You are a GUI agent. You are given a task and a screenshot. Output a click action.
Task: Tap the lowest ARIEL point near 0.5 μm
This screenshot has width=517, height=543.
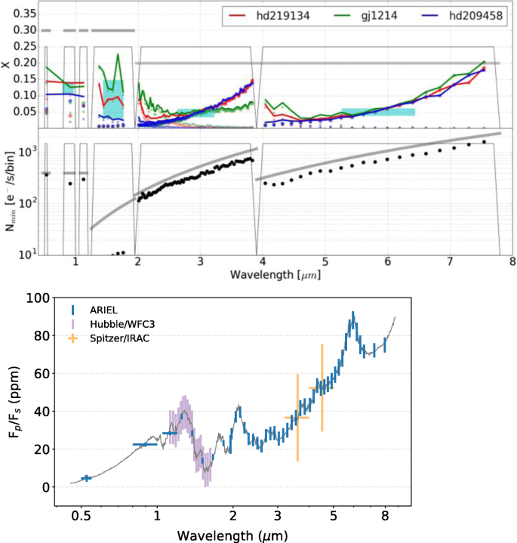(x=87, y=477)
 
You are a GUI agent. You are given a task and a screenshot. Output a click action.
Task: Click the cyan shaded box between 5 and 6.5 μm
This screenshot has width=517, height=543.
(x=378, y=112)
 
